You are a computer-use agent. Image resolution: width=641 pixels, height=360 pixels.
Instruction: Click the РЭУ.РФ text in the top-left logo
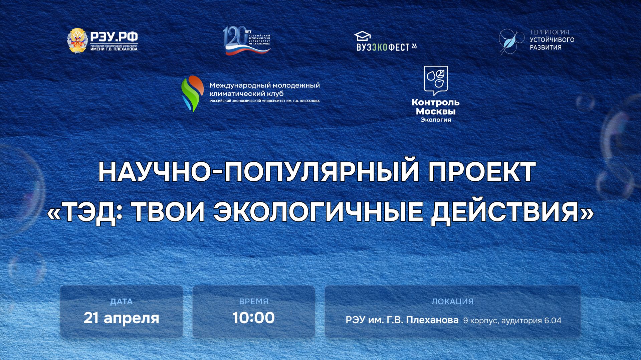pyautogui.click(x=114, y=36)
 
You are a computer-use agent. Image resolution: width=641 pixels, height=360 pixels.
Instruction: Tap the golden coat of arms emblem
pyautogui.click(x=77, y=41)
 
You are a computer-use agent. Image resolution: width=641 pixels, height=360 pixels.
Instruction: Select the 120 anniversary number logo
pyautogui.click(x=234, y=37)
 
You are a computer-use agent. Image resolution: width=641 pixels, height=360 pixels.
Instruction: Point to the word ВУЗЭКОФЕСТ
pyautogui.click(x=383, y=47)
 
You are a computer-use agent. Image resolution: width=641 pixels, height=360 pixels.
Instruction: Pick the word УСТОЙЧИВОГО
pyautogui.click(x=552, y=40)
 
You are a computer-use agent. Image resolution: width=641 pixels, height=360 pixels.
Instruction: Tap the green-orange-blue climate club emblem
pyautogui.click(x=192, y=94)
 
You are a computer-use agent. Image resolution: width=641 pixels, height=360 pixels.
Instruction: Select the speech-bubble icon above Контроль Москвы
pyautogui.click(x=436, y=80)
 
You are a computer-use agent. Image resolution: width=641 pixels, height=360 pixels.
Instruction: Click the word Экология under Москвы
pyautogui.click(x=436, y=120)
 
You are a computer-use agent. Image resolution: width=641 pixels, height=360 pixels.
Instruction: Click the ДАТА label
pyautogui.click(x=122, y=302)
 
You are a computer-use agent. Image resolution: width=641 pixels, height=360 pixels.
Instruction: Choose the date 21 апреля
pyautogui.click(x=122, y=318)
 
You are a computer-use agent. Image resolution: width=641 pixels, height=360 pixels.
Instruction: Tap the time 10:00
pyautogui.click(x=254, y=318)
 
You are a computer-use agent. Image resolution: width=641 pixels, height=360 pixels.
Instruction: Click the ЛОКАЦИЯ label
pyautogui.click(x=453, y=302)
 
